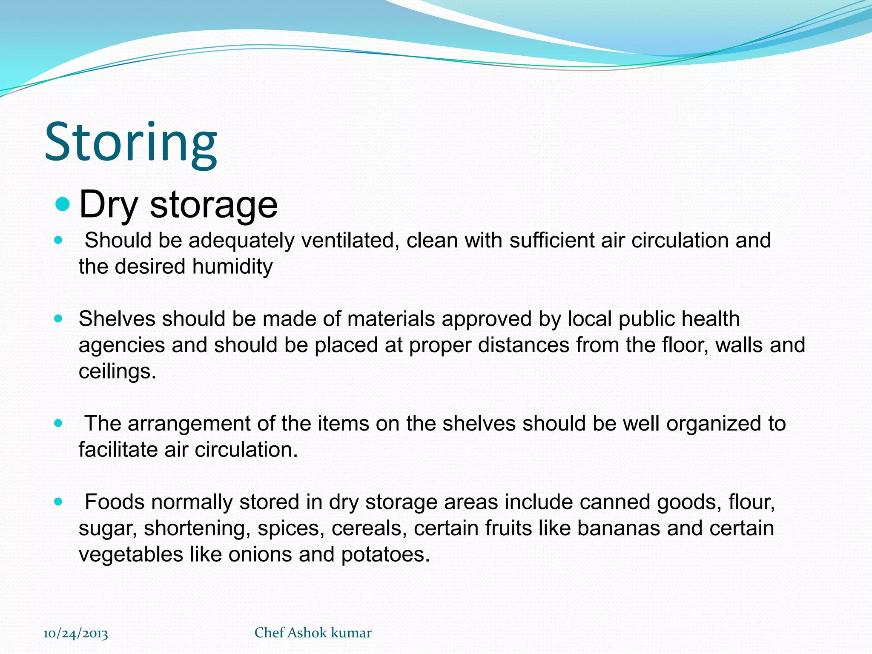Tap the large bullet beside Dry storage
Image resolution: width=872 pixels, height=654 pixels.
coord(62,204)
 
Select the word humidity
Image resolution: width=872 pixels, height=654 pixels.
coord(232,267)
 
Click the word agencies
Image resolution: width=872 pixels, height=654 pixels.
coord(121,345)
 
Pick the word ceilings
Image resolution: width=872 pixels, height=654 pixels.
coord(117,371)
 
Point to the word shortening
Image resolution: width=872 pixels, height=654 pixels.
coord(197,529)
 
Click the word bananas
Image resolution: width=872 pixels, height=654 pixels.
coord(619,528)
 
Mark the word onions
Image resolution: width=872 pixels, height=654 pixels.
coord(260,555)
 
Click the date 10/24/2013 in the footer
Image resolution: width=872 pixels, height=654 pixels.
coord(76,634)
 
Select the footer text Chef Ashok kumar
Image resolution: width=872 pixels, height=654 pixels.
coord(313,633)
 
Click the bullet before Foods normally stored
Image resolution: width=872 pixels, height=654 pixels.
coord(58,502)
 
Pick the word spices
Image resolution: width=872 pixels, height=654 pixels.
coord(288,529)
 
